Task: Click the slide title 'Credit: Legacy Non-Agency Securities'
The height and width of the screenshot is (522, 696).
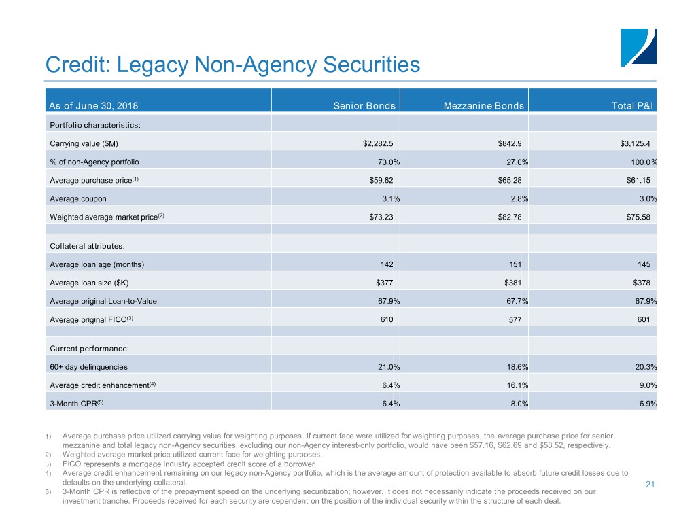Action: [232, 65]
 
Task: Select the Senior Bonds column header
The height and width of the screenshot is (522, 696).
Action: [364, 105]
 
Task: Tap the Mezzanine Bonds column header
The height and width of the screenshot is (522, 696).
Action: [483, 105]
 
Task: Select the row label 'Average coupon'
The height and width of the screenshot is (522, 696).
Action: [78, 198]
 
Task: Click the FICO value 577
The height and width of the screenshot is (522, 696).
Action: [515, 319]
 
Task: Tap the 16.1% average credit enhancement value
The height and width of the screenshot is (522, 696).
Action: [510, 385]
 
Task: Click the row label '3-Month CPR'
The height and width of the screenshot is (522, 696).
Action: [77, 404]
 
